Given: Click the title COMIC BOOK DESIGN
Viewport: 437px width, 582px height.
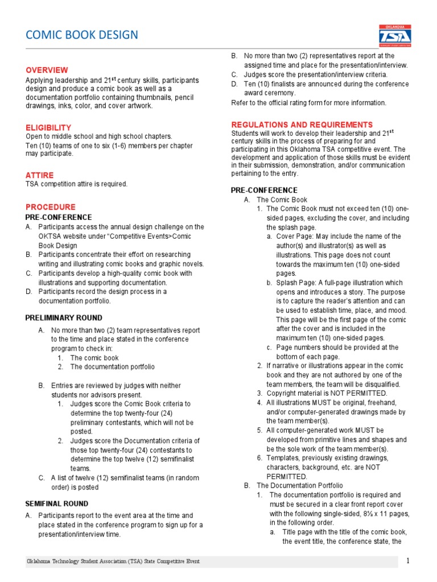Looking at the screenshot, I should (x=82, y=35).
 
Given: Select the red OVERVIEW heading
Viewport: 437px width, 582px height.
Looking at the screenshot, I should (x=47, y=70).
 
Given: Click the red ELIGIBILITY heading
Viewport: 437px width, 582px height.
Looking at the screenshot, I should (x=48, y=128).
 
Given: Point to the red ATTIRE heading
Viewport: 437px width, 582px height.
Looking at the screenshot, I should (x=39, y=175).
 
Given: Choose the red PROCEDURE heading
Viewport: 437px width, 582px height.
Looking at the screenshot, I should (x=50, y=207).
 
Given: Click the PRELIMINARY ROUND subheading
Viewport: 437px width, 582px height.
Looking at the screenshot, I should (x=64, y=318).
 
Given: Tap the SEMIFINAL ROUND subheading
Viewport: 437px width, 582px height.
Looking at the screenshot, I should (x=56, y=504).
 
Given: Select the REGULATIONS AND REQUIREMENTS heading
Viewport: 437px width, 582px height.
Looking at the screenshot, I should (x=302, y=124).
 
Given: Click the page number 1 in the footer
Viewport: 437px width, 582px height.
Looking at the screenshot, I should (x=407, y=561).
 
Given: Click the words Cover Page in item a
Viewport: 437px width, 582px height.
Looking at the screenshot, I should (x=294, y=236).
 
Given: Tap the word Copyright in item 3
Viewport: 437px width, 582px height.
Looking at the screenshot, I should (x=282, y=393).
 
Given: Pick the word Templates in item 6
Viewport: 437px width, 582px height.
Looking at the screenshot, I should (x=283, y=458).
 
